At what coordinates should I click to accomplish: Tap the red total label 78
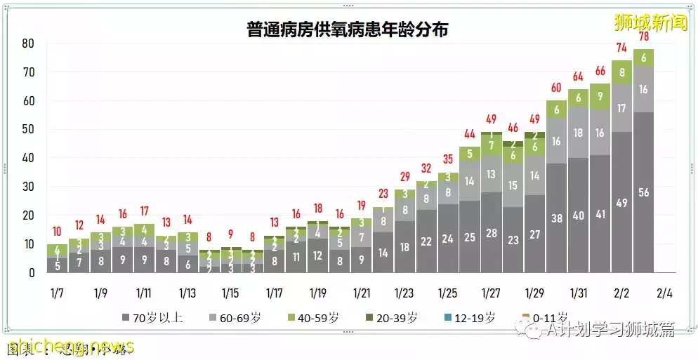(643, 37)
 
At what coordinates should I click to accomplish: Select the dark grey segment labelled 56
(643, 192)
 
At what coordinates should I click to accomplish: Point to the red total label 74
(621, 48)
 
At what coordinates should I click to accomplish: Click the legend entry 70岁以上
(152, 318)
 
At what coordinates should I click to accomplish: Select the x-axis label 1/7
(57, 292)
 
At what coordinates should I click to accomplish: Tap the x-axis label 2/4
(665, 292)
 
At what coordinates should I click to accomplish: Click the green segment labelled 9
(600, 97)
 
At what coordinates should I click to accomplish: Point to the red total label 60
(556, 88)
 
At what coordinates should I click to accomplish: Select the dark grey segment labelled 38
(556, 218)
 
